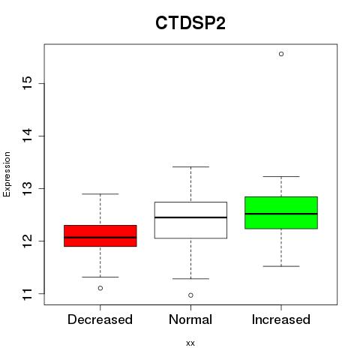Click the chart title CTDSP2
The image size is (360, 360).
(190, 23)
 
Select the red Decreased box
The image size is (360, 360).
(100, 235)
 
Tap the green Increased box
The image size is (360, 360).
(281, 212)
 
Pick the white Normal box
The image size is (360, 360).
(190, 220)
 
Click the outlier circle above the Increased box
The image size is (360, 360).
(281, 54)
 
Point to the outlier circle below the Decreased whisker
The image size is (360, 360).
(100, 288)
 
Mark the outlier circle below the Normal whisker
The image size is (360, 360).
(190, 295)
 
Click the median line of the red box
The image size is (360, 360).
(100, 238)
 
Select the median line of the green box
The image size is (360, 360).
(281, 214)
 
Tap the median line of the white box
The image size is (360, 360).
(190, 217)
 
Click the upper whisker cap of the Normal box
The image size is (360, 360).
(190, 166)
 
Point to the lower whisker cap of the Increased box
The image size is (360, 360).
(281, 266)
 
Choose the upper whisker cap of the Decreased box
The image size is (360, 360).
(100, 193)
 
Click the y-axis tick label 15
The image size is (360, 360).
(28, 83)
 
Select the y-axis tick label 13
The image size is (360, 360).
(28, 188)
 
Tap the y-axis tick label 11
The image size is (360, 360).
(28, 294)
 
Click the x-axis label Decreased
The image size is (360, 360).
(100, 319)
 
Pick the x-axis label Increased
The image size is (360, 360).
(281, 319)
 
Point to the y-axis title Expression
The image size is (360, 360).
(7, 174)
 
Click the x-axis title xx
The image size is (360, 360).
(190, 343)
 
